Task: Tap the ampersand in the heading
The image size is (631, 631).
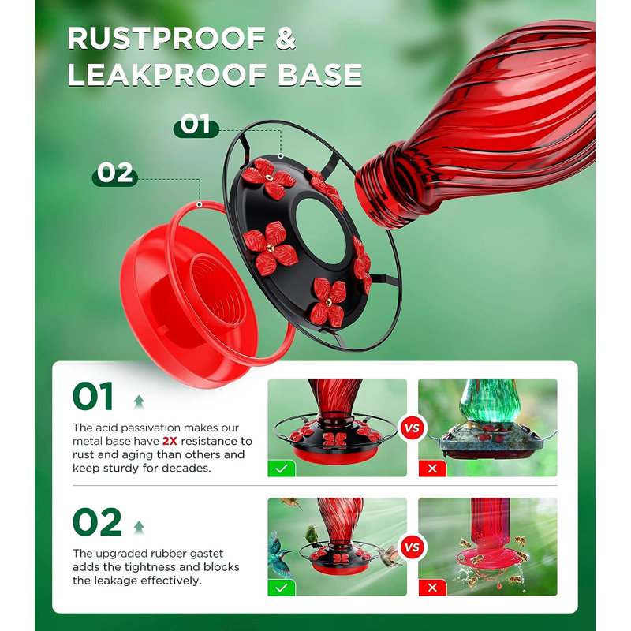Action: coord(286,39)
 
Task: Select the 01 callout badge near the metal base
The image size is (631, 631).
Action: coord(196,125)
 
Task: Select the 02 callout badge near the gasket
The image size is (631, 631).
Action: coord(115,174)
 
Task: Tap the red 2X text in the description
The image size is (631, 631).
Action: coord(170,441)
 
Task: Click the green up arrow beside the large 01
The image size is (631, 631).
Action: coord(139,401)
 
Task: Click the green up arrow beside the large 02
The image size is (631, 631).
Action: coord(139,527)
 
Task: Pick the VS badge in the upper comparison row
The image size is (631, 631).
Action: coord(412,428)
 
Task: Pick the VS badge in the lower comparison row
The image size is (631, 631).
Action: coord(412,547)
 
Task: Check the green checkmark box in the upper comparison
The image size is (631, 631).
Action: coord(282,469)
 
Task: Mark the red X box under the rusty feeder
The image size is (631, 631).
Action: coord(432,469)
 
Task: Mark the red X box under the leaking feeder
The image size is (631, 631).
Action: coord(432,588)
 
